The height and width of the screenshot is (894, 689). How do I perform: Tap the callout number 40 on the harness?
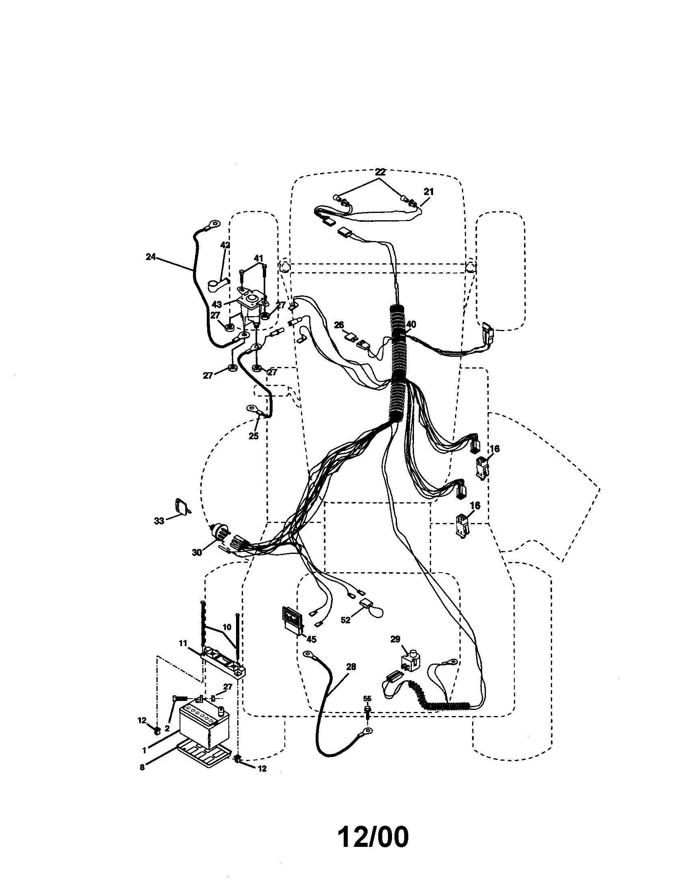pos(411,325)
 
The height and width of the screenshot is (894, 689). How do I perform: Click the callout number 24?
pos(151,257)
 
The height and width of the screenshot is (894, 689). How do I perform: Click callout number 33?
pos(159,521)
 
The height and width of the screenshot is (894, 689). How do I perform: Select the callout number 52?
pos(346,620)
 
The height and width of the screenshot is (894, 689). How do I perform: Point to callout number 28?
pos(351,667)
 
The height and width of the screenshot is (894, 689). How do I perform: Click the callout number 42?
pos(225,245)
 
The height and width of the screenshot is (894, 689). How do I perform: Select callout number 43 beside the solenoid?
pos(217,304)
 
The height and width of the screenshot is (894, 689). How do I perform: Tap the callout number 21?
pos(428,191)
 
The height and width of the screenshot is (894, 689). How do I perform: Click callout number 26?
pos(339,325)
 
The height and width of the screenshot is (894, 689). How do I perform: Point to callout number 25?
pos(253,436)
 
